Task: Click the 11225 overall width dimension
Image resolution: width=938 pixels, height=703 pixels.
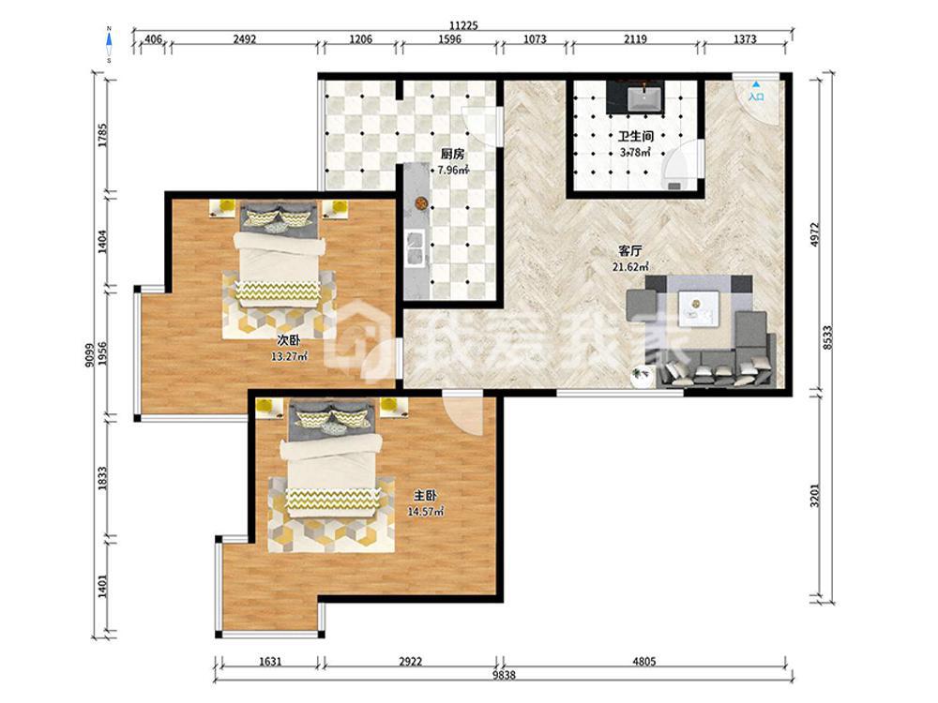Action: tap(463, 25)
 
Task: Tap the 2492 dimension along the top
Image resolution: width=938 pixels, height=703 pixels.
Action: tap(245, 39)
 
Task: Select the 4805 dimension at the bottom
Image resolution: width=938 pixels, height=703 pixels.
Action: tap(644, 661)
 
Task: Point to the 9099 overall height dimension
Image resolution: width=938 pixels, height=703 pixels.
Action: tap(89, 354)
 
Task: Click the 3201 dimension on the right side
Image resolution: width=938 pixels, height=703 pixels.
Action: tap(814, 496)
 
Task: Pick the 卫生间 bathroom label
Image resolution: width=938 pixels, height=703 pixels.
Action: tap(635, 137)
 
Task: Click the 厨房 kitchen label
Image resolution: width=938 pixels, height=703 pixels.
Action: tap(452, 155)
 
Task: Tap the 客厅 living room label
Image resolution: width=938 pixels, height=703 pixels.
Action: tap(630, 251)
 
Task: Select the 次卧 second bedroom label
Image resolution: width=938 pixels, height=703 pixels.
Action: tap(288, 341)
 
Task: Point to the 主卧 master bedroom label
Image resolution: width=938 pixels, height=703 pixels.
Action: tap(425, 496)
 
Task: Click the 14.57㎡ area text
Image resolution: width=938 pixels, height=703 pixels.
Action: tap(425, 512)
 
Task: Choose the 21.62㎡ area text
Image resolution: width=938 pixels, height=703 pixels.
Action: tap(630, 267)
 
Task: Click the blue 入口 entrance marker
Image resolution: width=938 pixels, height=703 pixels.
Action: tap(756, 92)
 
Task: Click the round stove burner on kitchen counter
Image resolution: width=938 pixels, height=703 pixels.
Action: tap(421, 203)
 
